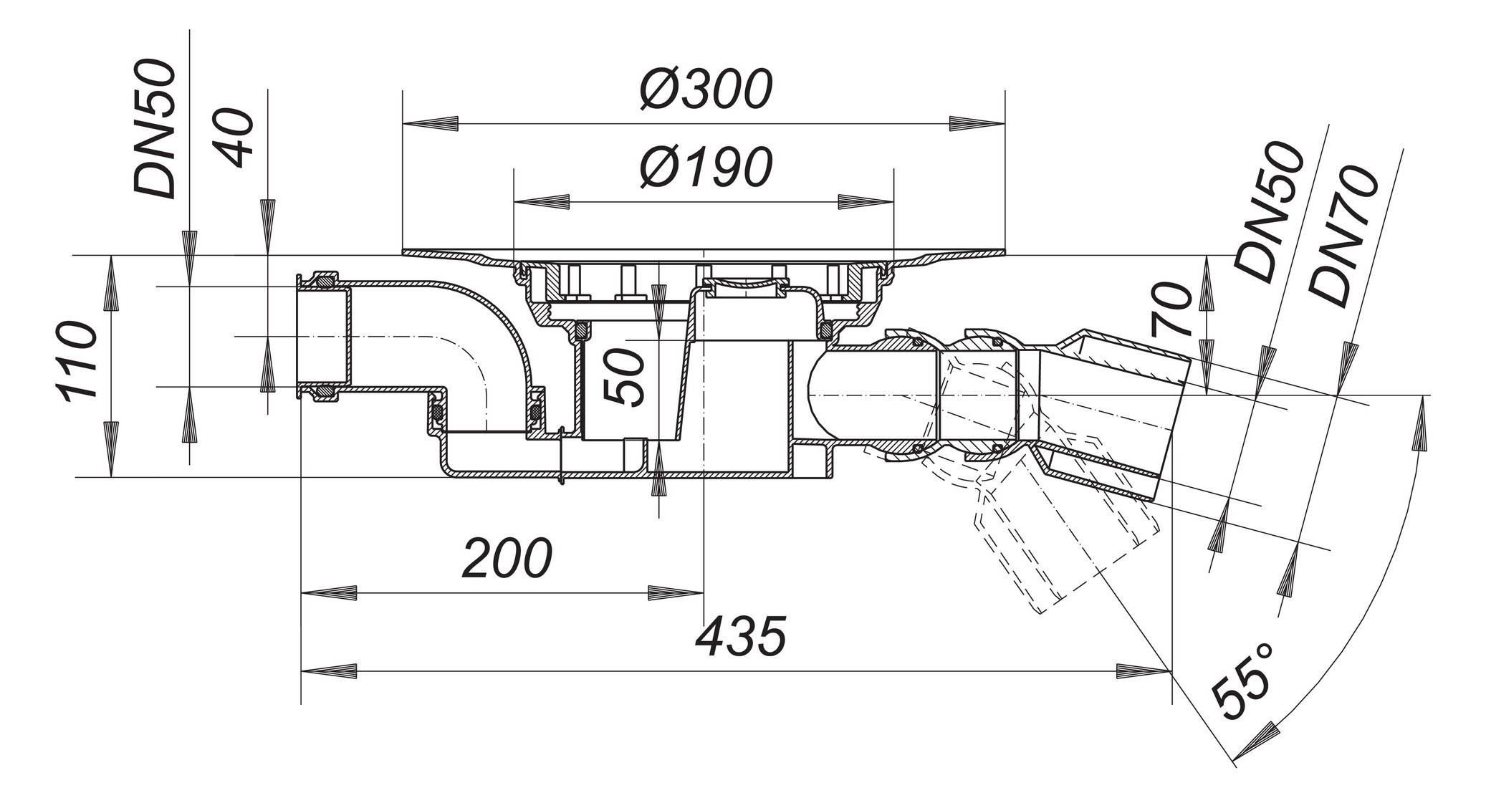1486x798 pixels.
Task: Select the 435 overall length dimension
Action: coord(741,637)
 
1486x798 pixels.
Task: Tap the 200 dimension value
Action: coord(507,559)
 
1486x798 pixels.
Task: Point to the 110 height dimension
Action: coord(77,362)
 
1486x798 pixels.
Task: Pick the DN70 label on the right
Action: coord(1342,236)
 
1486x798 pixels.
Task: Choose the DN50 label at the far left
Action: coord(155,129)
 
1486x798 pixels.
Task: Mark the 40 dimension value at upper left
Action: coord(236,138)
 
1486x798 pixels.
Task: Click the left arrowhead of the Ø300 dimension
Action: coord(430,123)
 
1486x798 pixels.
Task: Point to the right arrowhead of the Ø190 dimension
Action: coord(866,201)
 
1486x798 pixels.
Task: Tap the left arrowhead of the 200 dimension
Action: coord(328,592)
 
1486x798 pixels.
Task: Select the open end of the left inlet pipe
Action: coord(301,337)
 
